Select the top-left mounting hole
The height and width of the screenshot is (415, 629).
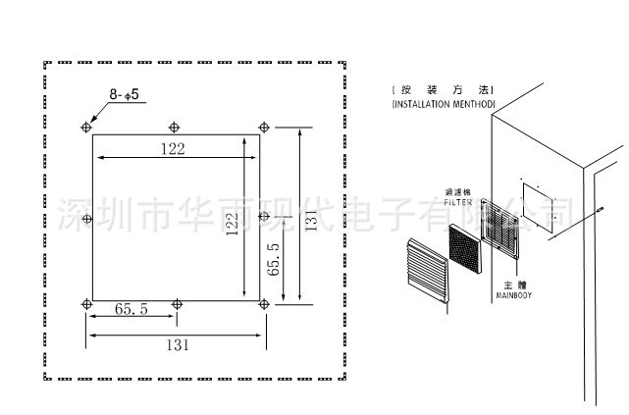tap(88, 127)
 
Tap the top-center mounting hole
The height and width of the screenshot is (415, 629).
tap(175, 127)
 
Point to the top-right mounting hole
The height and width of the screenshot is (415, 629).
tap(262, 127)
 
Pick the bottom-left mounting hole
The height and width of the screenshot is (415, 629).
tap(88, 303)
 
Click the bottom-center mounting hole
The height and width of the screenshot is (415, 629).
tap(176, 303)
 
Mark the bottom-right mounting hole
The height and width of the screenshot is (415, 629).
tap(262, 303)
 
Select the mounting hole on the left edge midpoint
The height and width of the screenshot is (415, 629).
tap(88, 216)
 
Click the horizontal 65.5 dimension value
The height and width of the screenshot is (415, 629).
tap(131, 309)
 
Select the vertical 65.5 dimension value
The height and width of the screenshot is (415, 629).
tap(274, 263)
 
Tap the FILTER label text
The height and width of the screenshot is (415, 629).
tap(458, 202)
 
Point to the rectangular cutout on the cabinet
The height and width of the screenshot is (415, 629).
tap(539, 200)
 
